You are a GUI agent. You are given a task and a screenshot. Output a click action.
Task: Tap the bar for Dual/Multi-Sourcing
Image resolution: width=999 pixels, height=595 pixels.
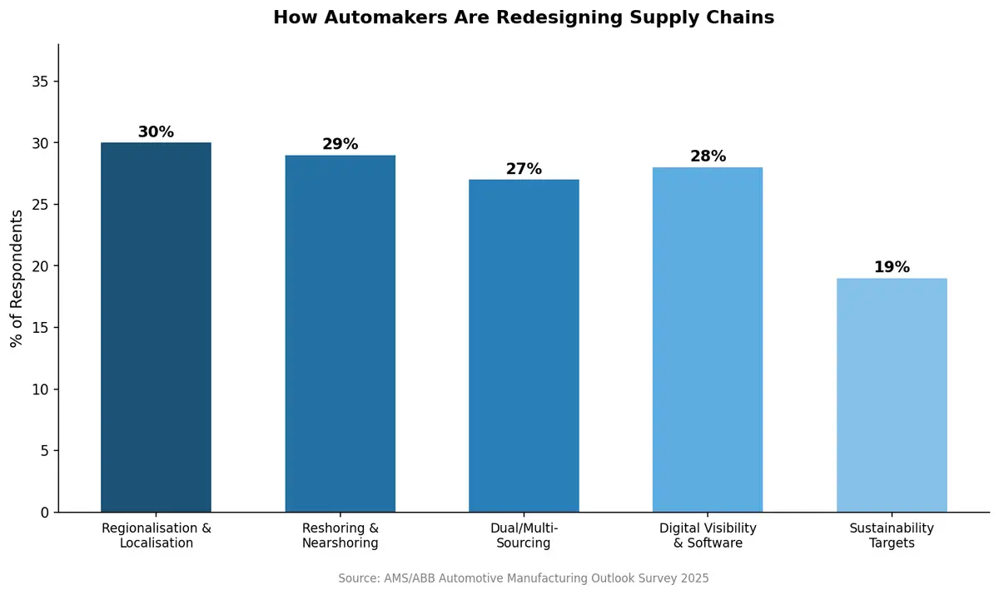[x=524, y=345]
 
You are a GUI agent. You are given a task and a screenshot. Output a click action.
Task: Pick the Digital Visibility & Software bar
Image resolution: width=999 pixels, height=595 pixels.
[x=708, y=340]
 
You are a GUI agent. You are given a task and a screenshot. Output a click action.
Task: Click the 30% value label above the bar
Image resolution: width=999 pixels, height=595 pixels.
[x=156, y=132]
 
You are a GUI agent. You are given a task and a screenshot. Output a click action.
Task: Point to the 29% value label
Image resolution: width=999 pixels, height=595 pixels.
[x=340, y=144]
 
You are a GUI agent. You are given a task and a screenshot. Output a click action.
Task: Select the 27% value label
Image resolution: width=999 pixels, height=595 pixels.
[x=524, y=169]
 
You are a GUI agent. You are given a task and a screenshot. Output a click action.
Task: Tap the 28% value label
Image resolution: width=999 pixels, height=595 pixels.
[x=708, y=156]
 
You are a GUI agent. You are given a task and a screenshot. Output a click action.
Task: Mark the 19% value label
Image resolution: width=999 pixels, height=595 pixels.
[x=892, y=267]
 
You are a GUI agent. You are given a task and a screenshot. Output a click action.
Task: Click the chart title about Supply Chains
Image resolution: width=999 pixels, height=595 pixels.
[x=524, y=17]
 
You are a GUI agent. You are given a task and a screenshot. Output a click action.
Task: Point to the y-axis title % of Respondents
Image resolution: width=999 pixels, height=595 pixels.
[x=17, y=278]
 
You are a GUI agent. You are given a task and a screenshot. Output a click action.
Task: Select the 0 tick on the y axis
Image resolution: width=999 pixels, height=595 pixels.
[x=45, y=513]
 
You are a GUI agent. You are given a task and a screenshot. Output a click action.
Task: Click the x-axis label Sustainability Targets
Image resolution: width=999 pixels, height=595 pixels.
[x=892, y=536]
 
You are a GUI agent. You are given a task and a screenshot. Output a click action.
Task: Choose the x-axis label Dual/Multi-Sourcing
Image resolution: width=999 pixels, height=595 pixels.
[x=524, y=536]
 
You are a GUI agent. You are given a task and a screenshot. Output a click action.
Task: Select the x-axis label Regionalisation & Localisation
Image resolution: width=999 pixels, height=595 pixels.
[x=156, y=536]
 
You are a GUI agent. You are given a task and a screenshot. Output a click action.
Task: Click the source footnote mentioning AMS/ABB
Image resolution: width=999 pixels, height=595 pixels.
[x=524, y=578]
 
